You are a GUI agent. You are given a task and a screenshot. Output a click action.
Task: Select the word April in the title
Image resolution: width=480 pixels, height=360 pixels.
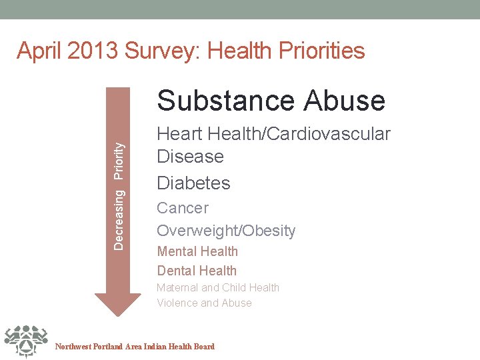pos(39,51)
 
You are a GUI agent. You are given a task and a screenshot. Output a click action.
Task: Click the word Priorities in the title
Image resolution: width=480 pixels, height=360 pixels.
pos(317,51)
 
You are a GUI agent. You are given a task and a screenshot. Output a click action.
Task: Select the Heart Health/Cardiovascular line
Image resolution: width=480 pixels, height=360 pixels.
pos(273,134)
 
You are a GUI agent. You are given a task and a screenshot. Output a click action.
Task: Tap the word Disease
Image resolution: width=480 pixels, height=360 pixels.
pos(190,157)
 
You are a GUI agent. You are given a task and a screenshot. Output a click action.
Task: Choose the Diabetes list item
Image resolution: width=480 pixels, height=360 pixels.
pos(193,183)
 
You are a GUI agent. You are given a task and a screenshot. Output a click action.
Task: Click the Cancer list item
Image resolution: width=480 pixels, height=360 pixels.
pos(183,208)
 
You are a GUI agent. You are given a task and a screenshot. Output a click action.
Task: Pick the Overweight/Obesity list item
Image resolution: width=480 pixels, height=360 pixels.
pos(226,231)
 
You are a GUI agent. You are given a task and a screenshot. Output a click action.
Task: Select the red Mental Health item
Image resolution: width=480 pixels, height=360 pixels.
pos(197,251)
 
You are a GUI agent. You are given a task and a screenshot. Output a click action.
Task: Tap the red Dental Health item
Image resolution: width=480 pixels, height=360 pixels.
pos(197,271)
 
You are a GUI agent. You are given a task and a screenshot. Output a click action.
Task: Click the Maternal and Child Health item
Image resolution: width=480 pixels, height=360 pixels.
pos(218,287)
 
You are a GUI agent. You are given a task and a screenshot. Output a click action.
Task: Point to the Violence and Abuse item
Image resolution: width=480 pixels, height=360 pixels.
pos(204,303)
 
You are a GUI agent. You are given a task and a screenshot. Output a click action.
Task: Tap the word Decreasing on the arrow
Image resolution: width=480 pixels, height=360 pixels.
pos(119,219)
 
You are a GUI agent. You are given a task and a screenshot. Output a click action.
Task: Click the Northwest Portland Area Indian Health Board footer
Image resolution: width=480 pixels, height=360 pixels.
pos(135,347)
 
